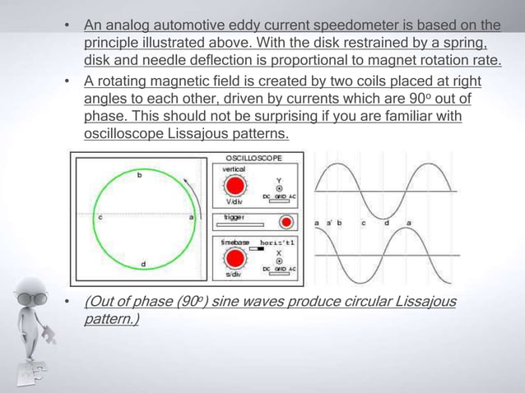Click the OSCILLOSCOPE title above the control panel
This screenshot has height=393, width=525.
pyautogui.click(x=253, y=157)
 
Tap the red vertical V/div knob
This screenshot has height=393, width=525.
pyautogui.click(x=236, y=184)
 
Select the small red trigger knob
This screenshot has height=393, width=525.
pyautogui.click(x=286, y=222)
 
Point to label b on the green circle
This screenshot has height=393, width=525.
pyautogui.click(x=138, y=175)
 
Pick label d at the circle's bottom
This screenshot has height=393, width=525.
pyautogui.click(x=146, y=263)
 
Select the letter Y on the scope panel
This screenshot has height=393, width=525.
pyautogui.click(x=278, y=178)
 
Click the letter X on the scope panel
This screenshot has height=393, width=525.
pyautogui.click(x=278, y=252)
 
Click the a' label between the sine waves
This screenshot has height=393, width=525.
pyautogui.click(x=328, y=223)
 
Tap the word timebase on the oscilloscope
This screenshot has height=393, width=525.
pyautogui.click(x=235, y=243)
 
